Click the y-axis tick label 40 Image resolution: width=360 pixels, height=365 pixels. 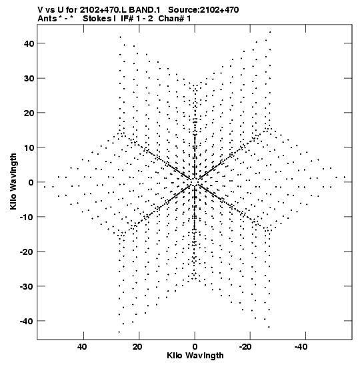point(29,43)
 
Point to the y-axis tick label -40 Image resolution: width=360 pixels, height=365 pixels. point(27,322)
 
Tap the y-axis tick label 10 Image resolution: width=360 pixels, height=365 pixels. point(29,148)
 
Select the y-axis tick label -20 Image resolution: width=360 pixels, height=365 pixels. point(27,252)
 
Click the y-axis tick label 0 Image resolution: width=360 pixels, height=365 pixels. point(31,183)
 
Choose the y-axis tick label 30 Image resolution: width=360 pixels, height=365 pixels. point(29,78)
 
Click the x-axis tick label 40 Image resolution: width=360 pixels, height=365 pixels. point(82,347)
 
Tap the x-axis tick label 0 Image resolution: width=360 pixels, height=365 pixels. point(195,347)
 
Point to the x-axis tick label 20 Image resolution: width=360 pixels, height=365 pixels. point(138,347)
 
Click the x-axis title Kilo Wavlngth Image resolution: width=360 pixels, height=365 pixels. point(195,356)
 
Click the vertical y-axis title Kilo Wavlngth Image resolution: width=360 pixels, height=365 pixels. point(13,181)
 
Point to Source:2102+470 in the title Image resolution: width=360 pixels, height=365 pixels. point(203,10)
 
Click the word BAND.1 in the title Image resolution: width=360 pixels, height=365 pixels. point(144,10)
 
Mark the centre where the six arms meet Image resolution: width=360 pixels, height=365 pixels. point(195,182)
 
